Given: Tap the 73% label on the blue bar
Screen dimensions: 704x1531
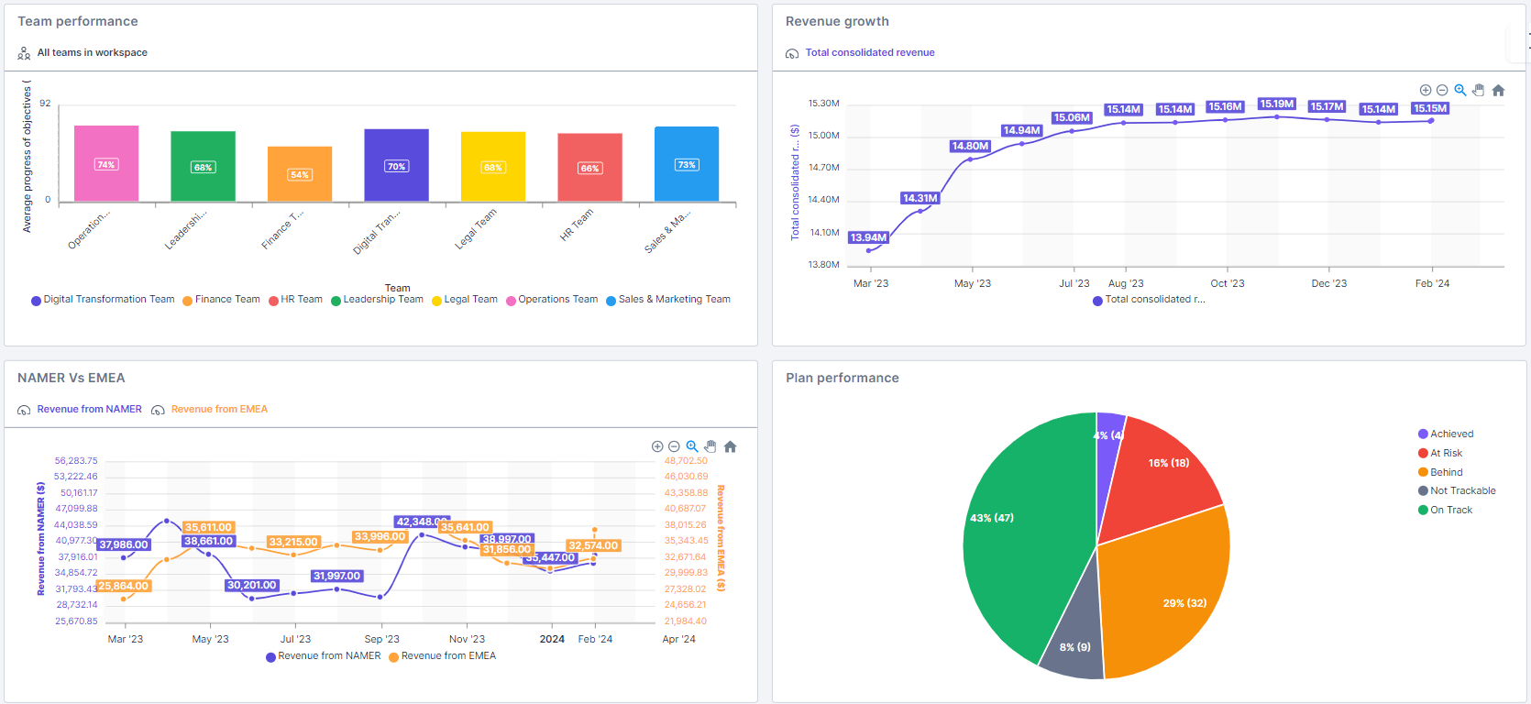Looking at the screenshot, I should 687,165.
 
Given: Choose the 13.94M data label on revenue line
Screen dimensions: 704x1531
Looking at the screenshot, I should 868,237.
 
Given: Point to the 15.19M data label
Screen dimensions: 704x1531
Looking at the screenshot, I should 1276,104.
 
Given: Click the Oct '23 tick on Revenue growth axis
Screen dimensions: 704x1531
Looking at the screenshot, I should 1227,283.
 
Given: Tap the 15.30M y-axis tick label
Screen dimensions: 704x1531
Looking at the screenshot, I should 823,104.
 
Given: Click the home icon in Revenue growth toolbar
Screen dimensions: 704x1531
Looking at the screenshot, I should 1498,90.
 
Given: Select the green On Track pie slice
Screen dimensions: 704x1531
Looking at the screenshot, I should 1022,541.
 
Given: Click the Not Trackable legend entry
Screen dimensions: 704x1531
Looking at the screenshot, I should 1462,490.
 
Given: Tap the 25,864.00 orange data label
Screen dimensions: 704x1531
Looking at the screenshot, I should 123,586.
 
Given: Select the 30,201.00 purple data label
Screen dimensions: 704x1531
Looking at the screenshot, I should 252,585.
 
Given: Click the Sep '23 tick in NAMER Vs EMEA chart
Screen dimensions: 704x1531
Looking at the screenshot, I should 381,639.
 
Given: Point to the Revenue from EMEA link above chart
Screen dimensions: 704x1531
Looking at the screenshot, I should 219,409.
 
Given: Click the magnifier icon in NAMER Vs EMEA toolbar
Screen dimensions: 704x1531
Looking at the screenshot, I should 692,446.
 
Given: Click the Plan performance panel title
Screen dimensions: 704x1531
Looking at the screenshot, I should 842,378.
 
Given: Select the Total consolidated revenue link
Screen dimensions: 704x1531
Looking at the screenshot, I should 869,52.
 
